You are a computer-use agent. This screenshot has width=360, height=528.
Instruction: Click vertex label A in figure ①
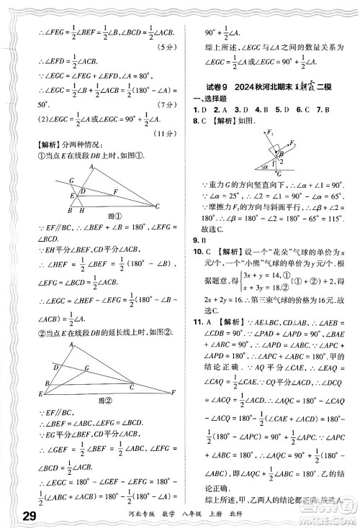91,165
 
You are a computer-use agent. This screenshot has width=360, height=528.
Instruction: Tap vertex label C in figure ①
156,206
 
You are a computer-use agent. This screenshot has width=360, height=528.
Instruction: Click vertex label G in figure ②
86,368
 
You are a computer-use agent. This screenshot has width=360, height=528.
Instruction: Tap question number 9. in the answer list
199,240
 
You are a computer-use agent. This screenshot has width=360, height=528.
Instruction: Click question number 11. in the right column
201,321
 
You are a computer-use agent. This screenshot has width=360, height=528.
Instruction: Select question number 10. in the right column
201,253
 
